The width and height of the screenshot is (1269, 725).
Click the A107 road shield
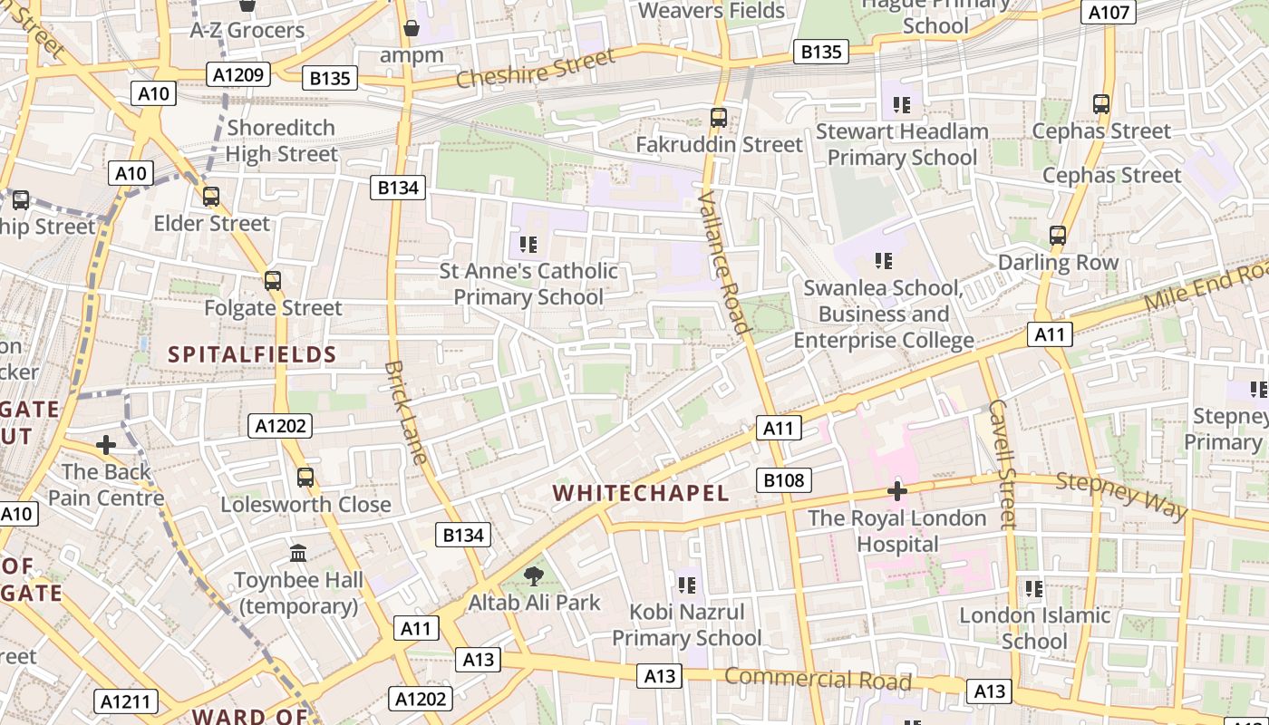coord(1108,13)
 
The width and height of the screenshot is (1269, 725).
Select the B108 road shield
coord(783,479)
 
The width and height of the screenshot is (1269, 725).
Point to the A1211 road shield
coord(126,701)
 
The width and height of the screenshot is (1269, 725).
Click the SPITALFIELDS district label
coord(252,354)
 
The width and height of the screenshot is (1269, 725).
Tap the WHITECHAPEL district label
coord(641,493)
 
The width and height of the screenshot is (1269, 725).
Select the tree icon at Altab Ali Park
coord(535,575)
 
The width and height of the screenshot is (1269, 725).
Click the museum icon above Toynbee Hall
coord(298,553)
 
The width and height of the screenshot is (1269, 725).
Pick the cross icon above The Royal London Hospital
coord(897,492)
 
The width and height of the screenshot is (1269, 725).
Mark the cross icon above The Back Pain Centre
coord(106,445)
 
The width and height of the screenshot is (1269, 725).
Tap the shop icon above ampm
coord(412,28)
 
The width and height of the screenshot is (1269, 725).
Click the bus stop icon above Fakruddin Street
coord(719,117)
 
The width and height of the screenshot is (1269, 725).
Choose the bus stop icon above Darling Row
coord(1058,236)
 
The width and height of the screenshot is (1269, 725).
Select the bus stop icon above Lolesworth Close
coord(305,477)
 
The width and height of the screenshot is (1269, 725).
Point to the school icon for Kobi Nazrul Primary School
coord(686,585)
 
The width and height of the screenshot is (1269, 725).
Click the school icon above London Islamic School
coord(1034,589)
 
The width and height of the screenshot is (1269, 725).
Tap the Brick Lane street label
coord(405,412)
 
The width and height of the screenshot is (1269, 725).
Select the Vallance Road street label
coord(724,264)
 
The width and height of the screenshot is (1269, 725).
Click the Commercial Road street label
coord(818,679)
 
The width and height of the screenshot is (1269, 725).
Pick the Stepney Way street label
coord(1121,495)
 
